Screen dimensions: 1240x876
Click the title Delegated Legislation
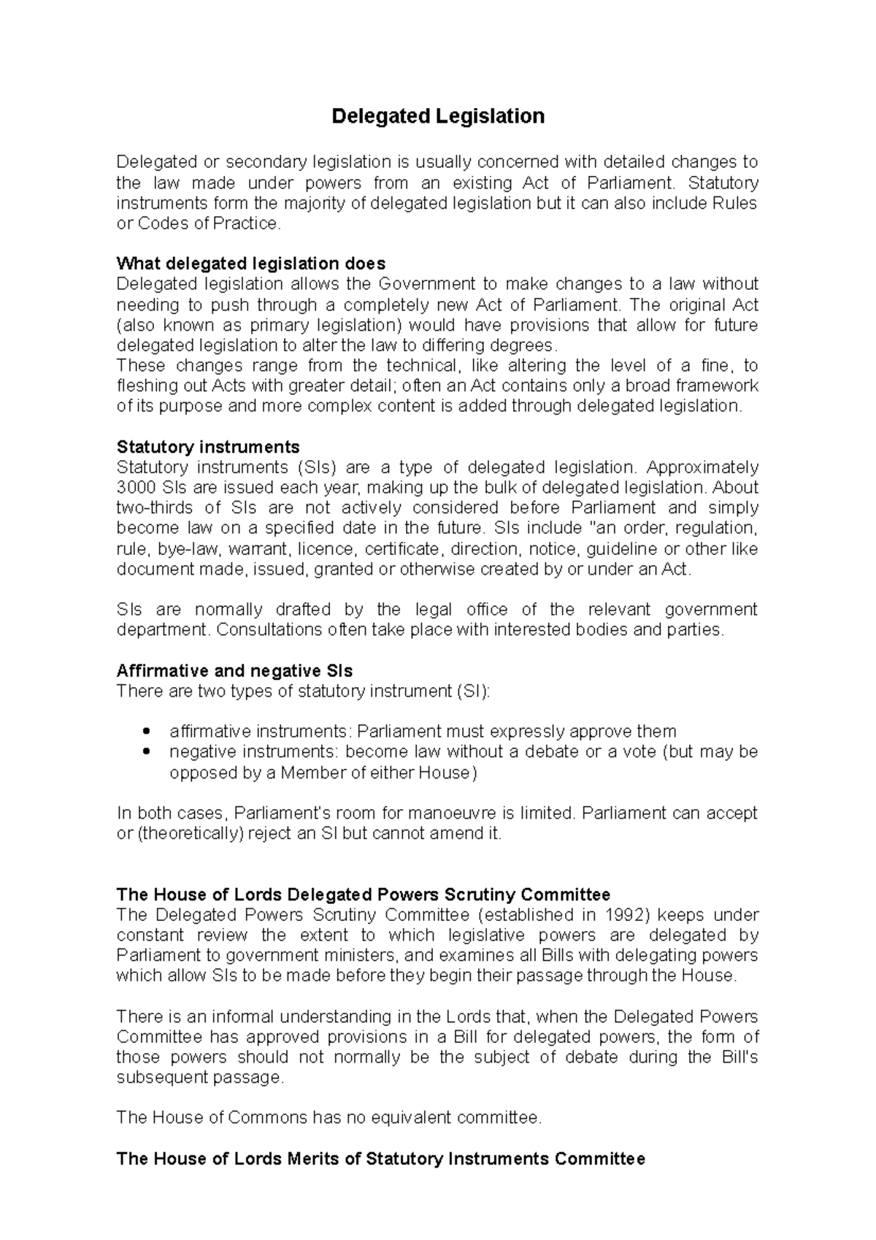click(x=438, y=117)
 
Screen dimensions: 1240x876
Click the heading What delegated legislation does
click(x=251, y=264)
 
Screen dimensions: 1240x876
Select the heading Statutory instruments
click(x=208, y=447)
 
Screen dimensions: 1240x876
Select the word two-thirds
click(x=155, y=508)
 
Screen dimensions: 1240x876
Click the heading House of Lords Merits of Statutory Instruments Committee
click(x=380, y=1159)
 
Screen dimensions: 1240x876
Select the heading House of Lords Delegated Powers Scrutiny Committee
click(x=363, y=895)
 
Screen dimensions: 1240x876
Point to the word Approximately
click(x=702, y=467)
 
